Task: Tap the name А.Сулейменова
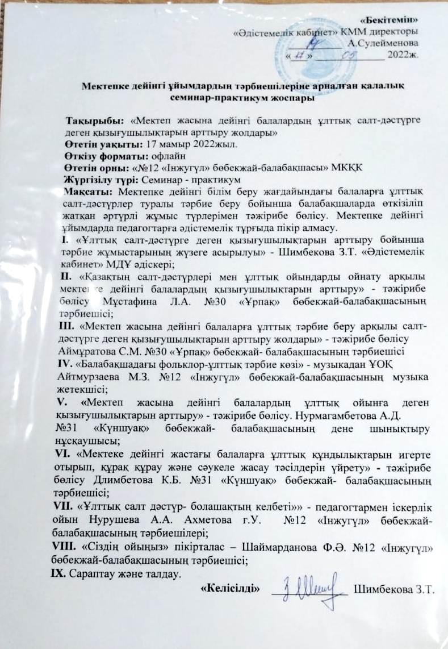(x=384, y=43)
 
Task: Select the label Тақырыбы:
(x=95, y=122)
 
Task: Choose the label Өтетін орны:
(x=97, y=167)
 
